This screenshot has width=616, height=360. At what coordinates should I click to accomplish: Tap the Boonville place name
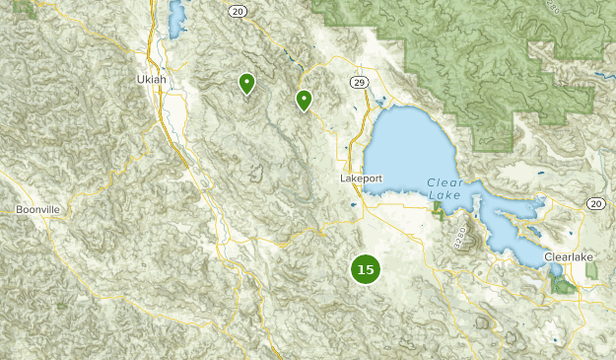point(38,210)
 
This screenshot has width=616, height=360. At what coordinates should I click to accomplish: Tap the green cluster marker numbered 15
point(366,269)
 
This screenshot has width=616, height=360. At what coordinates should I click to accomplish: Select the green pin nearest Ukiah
point(246,84)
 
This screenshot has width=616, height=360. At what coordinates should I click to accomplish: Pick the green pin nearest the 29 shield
point(305,99)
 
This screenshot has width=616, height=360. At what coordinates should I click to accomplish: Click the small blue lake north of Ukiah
point(177,18)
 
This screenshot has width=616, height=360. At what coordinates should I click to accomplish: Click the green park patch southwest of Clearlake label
point(563,285)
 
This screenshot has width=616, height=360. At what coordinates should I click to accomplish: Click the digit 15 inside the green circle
point(366,269)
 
